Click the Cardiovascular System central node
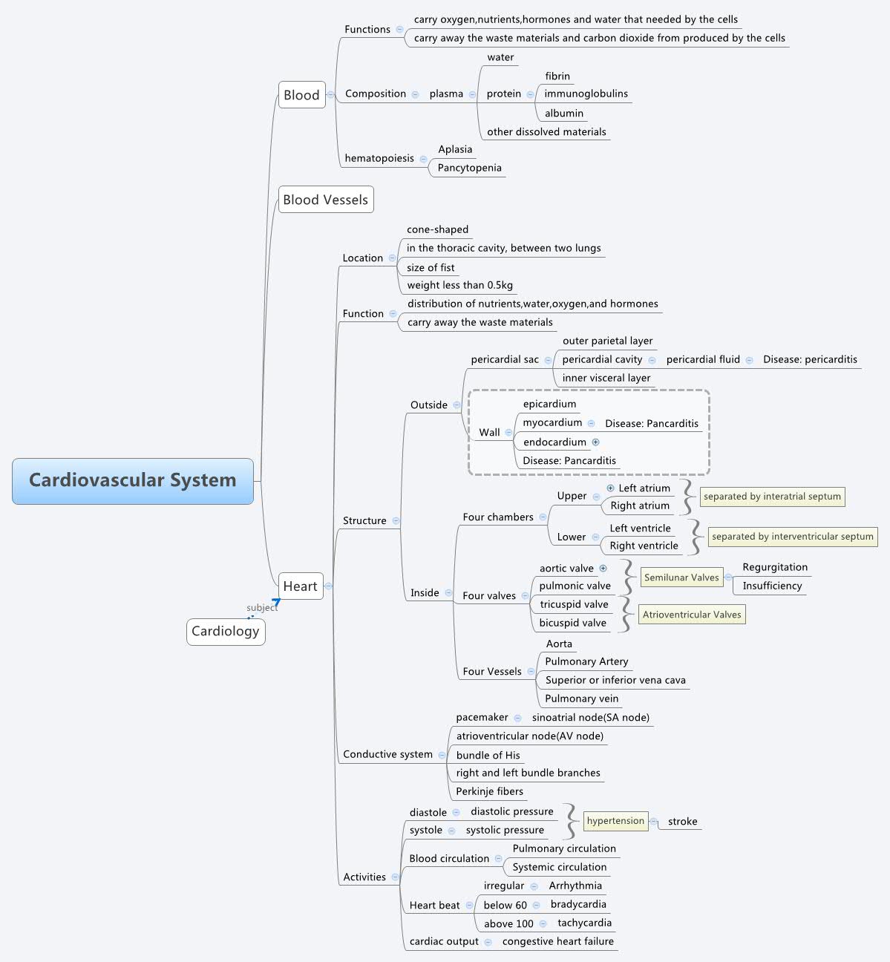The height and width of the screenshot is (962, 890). point(133,481)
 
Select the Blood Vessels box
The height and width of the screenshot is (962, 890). point(325,200)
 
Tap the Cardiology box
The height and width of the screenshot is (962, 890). point(226,632)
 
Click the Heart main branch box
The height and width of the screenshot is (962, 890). point(300,586)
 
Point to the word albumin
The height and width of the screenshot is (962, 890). point(564,114)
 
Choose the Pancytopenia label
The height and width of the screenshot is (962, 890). point(469,168)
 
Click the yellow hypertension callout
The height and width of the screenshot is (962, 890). point(615,821)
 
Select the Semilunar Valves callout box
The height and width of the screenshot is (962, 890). point(681,577)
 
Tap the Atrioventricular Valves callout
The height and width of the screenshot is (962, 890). point(692,615)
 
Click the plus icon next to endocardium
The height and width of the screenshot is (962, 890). point(596,442)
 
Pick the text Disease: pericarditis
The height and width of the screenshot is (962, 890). point(810,359)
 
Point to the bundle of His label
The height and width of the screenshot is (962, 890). point(488,756)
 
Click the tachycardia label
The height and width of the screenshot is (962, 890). point(585,923)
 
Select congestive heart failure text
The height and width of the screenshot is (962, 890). point(558,942)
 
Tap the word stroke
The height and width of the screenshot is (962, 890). point(682,822)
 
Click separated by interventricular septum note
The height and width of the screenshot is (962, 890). point(792,537)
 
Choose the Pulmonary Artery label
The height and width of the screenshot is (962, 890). point(586,661)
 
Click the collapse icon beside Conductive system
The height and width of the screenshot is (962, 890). point(442,755)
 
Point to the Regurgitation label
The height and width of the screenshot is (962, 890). point(775,567)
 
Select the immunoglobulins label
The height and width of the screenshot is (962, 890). point(586,94)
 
